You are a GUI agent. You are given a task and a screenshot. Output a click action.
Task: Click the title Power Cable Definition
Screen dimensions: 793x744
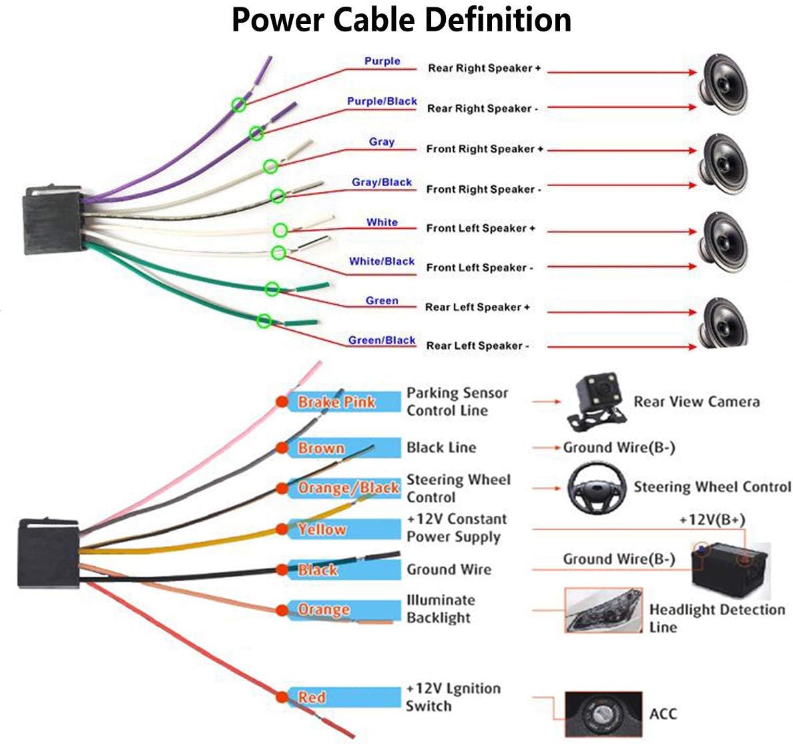coord(402,20)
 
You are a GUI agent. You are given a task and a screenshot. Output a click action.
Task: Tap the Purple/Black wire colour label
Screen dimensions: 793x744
coord(382,101)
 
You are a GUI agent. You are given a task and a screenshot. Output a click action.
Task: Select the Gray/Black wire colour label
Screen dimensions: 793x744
coord(382,182)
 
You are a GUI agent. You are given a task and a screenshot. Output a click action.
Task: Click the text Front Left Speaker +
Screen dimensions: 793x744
coord(481,228)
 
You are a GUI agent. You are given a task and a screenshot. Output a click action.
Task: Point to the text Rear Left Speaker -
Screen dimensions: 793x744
coord(477,346)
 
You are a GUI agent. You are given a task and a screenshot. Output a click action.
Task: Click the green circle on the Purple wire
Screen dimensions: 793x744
coord(239,105)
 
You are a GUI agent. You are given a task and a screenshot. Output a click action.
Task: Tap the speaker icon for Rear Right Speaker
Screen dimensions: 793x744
coord(723,85)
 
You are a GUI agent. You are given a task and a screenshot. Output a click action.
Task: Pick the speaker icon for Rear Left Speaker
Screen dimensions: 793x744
coord(723,322)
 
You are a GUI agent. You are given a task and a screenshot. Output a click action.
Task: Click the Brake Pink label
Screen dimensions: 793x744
coord(336,402)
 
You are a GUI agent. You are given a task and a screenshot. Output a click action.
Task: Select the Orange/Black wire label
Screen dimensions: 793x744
coord(348,488)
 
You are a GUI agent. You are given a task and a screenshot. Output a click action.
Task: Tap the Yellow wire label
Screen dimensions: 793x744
coord(322,529)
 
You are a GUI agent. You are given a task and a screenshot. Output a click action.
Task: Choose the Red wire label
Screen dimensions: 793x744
coord(312,697)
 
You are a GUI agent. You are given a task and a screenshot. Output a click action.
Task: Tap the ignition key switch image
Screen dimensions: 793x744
coord(603,714)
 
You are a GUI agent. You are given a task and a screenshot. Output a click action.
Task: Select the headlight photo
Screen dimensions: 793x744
coord(603,610)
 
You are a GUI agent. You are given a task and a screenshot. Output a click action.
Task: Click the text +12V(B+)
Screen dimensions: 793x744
coord(712,520)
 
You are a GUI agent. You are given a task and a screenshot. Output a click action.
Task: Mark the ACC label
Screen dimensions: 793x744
coord(663,714)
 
